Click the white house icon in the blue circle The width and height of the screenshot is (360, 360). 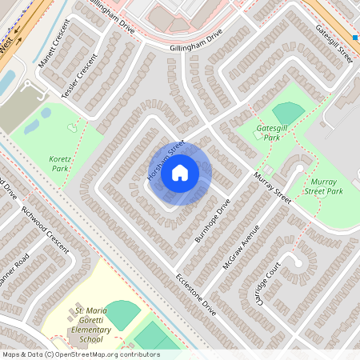(180, 172)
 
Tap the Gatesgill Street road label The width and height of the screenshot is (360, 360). (334, 44)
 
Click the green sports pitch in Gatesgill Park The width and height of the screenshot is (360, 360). (288, 113)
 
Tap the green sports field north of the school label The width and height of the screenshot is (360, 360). (122, 314)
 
